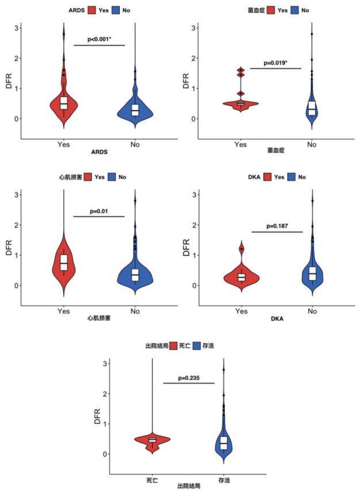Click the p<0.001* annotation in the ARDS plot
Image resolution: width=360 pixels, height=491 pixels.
pos(99,40)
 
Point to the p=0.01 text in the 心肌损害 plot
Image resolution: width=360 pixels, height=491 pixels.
pos(99,211)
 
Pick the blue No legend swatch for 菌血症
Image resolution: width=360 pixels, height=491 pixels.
pos(292,9)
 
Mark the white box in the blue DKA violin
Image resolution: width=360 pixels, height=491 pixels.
pos(312,273)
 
